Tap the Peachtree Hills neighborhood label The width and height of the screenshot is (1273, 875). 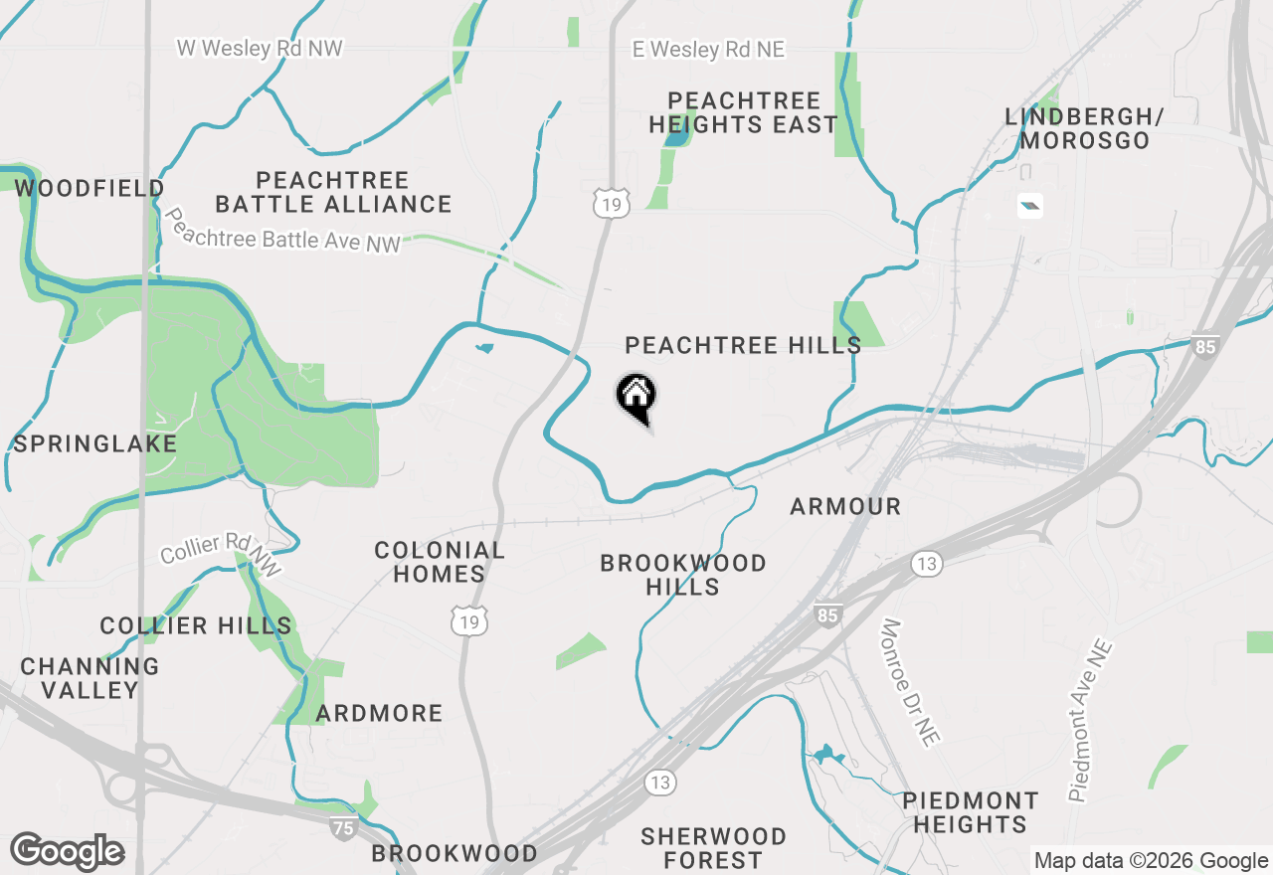[743, 345]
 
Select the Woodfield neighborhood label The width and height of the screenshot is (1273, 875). [90, 188]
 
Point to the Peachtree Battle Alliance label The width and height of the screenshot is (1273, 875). [333, 192]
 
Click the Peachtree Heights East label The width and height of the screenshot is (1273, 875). [743, 112]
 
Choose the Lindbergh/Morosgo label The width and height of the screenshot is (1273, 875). [1084, 128]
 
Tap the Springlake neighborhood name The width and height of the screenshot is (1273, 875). [94, 443]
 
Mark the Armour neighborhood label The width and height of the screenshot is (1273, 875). [845, 506]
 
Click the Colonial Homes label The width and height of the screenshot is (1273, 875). [439, 562]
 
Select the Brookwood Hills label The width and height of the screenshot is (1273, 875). [683, 575]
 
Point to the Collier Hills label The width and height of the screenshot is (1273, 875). [196, 625]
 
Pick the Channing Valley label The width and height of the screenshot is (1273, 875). [90, 677]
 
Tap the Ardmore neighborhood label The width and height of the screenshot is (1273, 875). [379, 713]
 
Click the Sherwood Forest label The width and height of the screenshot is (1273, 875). [713, 847]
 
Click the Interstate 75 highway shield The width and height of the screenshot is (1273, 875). [343, 827]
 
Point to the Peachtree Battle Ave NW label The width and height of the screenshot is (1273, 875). [283, 231]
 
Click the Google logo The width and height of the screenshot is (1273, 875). [67, 852]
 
